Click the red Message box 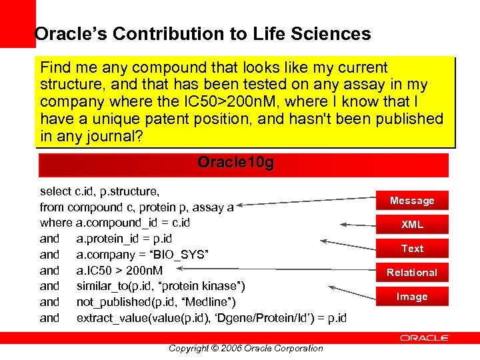(412, 201)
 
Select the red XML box (412, 225)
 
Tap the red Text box (412, 249)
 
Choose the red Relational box (412, 273)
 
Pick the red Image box (412, 297)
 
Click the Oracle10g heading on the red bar (235, 163)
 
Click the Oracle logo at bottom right (424, 339)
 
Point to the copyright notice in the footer (245, 348)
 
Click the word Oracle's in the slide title (64, 34)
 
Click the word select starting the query (55, 191)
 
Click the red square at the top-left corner (17, 23)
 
